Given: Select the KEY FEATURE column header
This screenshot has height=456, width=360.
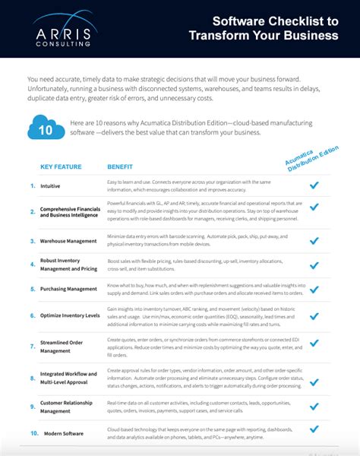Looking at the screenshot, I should [61, 166].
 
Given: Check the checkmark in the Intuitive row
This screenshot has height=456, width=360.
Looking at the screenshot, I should [314, 185].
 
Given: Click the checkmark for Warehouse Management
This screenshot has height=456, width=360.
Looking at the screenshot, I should [314, 240].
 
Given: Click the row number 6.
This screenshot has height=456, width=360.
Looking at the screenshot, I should [32, 314].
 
